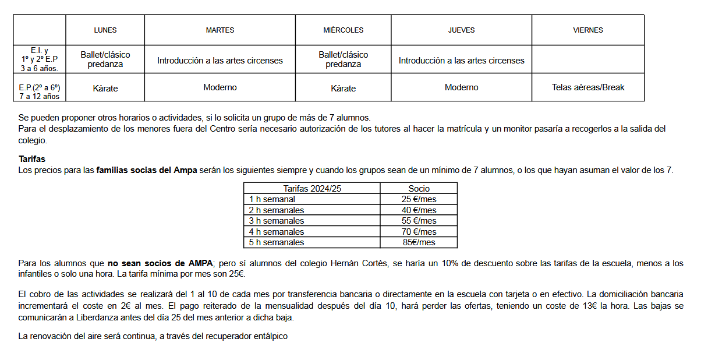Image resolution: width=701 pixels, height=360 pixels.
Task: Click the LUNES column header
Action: tap(105, 30)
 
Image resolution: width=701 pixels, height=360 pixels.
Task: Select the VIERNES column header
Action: tap(587, 30)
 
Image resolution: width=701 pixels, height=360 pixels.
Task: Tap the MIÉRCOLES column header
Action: tap(343, 30)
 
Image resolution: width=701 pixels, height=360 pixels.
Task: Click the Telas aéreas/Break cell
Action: tap(587, 87)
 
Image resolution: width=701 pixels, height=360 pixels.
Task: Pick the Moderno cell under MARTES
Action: tap(219, 87)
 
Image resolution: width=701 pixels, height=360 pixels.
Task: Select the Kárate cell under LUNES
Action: tap(105, 89)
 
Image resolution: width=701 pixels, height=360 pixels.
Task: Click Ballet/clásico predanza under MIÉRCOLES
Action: tap(343, 59)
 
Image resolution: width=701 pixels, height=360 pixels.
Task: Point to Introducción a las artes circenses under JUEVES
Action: tap(461, 60)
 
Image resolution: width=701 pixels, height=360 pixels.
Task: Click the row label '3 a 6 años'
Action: tap(40, 68)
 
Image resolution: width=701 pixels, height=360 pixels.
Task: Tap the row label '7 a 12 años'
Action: tap(40, 96)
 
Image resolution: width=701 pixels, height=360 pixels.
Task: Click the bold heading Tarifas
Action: tap(31, 158)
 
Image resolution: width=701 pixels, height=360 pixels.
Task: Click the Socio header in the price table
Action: tap(419, 188)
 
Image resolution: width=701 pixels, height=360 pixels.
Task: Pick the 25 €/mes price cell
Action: tap(419, 199)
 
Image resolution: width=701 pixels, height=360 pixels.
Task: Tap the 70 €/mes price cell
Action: tap(419, 232)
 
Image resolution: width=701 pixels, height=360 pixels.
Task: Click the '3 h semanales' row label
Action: tap(277, 221)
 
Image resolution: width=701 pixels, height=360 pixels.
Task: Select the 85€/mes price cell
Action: tap(419, 242)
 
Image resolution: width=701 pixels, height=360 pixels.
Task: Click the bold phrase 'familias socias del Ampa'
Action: tap(147, 170)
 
